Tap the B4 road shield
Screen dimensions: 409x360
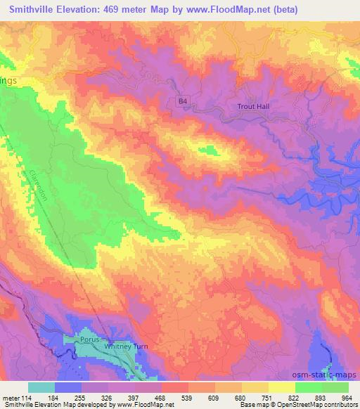click(x=183, y=101)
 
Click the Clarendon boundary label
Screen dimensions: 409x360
click(x=39, y=185)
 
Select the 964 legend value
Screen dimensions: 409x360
click(x=347, y=398)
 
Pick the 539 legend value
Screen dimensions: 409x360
click(x=188, y=398)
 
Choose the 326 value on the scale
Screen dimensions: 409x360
click(x=108, y=398)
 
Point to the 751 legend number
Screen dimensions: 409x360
click(x=267, y=398)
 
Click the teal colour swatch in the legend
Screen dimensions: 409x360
click(x=41, y=387)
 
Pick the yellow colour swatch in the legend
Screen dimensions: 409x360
click(x=281, y=387)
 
